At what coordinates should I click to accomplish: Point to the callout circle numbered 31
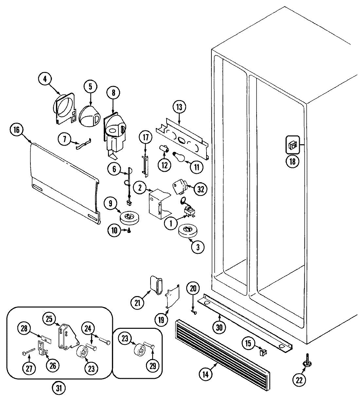pos(59,388)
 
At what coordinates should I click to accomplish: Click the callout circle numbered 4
pos(45,79)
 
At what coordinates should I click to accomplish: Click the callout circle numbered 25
pos(49,318)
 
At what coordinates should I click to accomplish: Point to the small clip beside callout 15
pos(263,352)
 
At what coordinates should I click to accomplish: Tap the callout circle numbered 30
pos(219,327)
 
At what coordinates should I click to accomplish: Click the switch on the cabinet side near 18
pos(293,144)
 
